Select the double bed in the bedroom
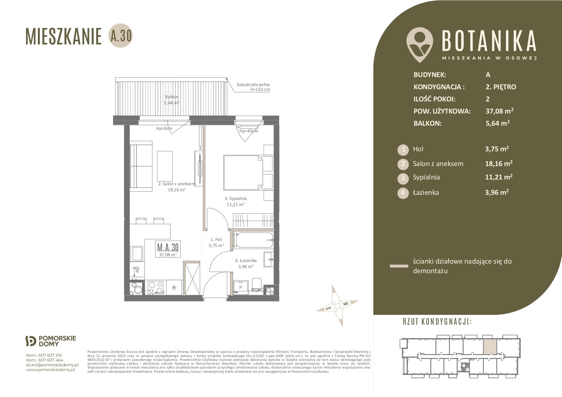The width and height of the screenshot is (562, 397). tap(244, 173)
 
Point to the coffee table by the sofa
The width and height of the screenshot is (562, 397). tap(165, 165)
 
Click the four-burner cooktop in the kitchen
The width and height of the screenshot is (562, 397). tap(156, 287)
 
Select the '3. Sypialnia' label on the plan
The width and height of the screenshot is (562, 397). tap(236, 198)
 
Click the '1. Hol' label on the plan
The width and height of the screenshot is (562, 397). tap(216, 239)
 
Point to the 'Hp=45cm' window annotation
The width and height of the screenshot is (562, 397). tap(249, 131)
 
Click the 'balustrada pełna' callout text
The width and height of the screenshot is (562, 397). tap(253, 84)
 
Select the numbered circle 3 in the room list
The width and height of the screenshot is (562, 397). tap(403, 178)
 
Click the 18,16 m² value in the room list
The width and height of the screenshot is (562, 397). tap(499, 163)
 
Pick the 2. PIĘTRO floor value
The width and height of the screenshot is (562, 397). tap(501, 87)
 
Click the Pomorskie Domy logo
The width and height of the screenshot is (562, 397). tap(51, 341)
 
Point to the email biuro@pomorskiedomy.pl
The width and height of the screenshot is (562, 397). tap(52, 365)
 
